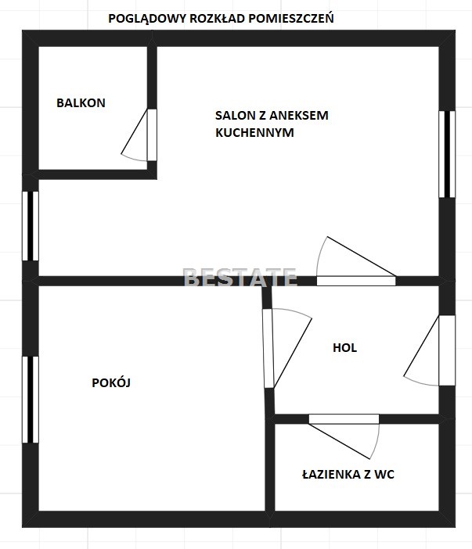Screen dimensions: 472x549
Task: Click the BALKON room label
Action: tap(81, 103)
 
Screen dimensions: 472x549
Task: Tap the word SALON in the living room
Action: tap(235, 115)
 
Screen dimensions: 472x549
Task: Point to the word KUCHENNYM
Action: tap(254, 133)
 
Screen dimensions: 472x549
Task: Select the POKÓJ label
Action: tap(111, 382)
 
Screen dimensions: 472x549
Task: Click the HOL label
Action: tap(344, 348)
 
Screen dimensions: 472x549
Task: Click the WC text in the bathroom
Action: tap(384, 475)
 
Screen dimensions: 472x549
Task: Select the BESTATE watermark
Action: tap(240, 278)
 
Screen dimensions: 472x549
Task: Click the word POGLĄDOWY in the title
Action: tap(147, 19)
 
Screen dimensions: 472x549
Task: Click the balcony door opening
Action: tap(152, 135)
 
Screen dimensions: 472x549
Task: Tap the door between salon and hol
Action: tap(356, 281)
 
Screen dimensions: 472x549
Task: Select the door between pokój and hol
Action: tap(268, 348)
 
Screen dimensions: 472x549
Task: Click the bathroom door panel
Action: tap(344, 419)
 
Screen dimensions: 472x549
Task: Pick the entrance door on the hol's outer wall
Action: tap(447, 350)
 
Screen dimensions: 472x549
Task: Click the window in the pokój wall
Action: tap(31, 400)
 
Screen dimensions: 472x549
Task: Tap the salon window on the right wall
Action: tap(447, 154)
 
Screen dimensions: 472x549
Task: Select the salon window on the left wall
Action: tap(31, 226)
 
